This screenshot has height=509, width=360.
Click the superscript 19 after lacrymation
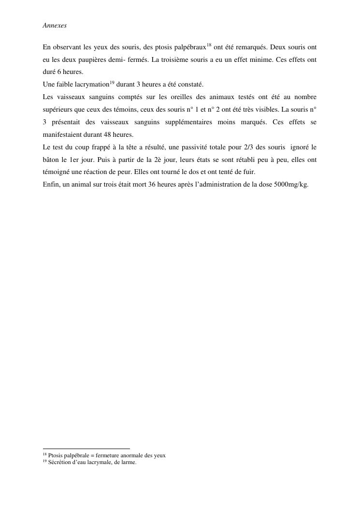pos(111,82)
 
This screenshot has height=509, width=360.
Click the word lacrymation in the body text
pos(91,85)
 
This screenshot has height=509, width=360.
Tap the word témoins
pos(130,110)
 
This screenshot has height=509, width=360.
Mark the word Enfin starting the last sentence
pos(51,185)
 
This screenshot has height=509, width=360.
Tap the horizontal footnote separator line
pos(86,449)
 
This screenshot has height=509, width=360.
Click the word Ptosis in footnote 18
pos(57,455)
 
